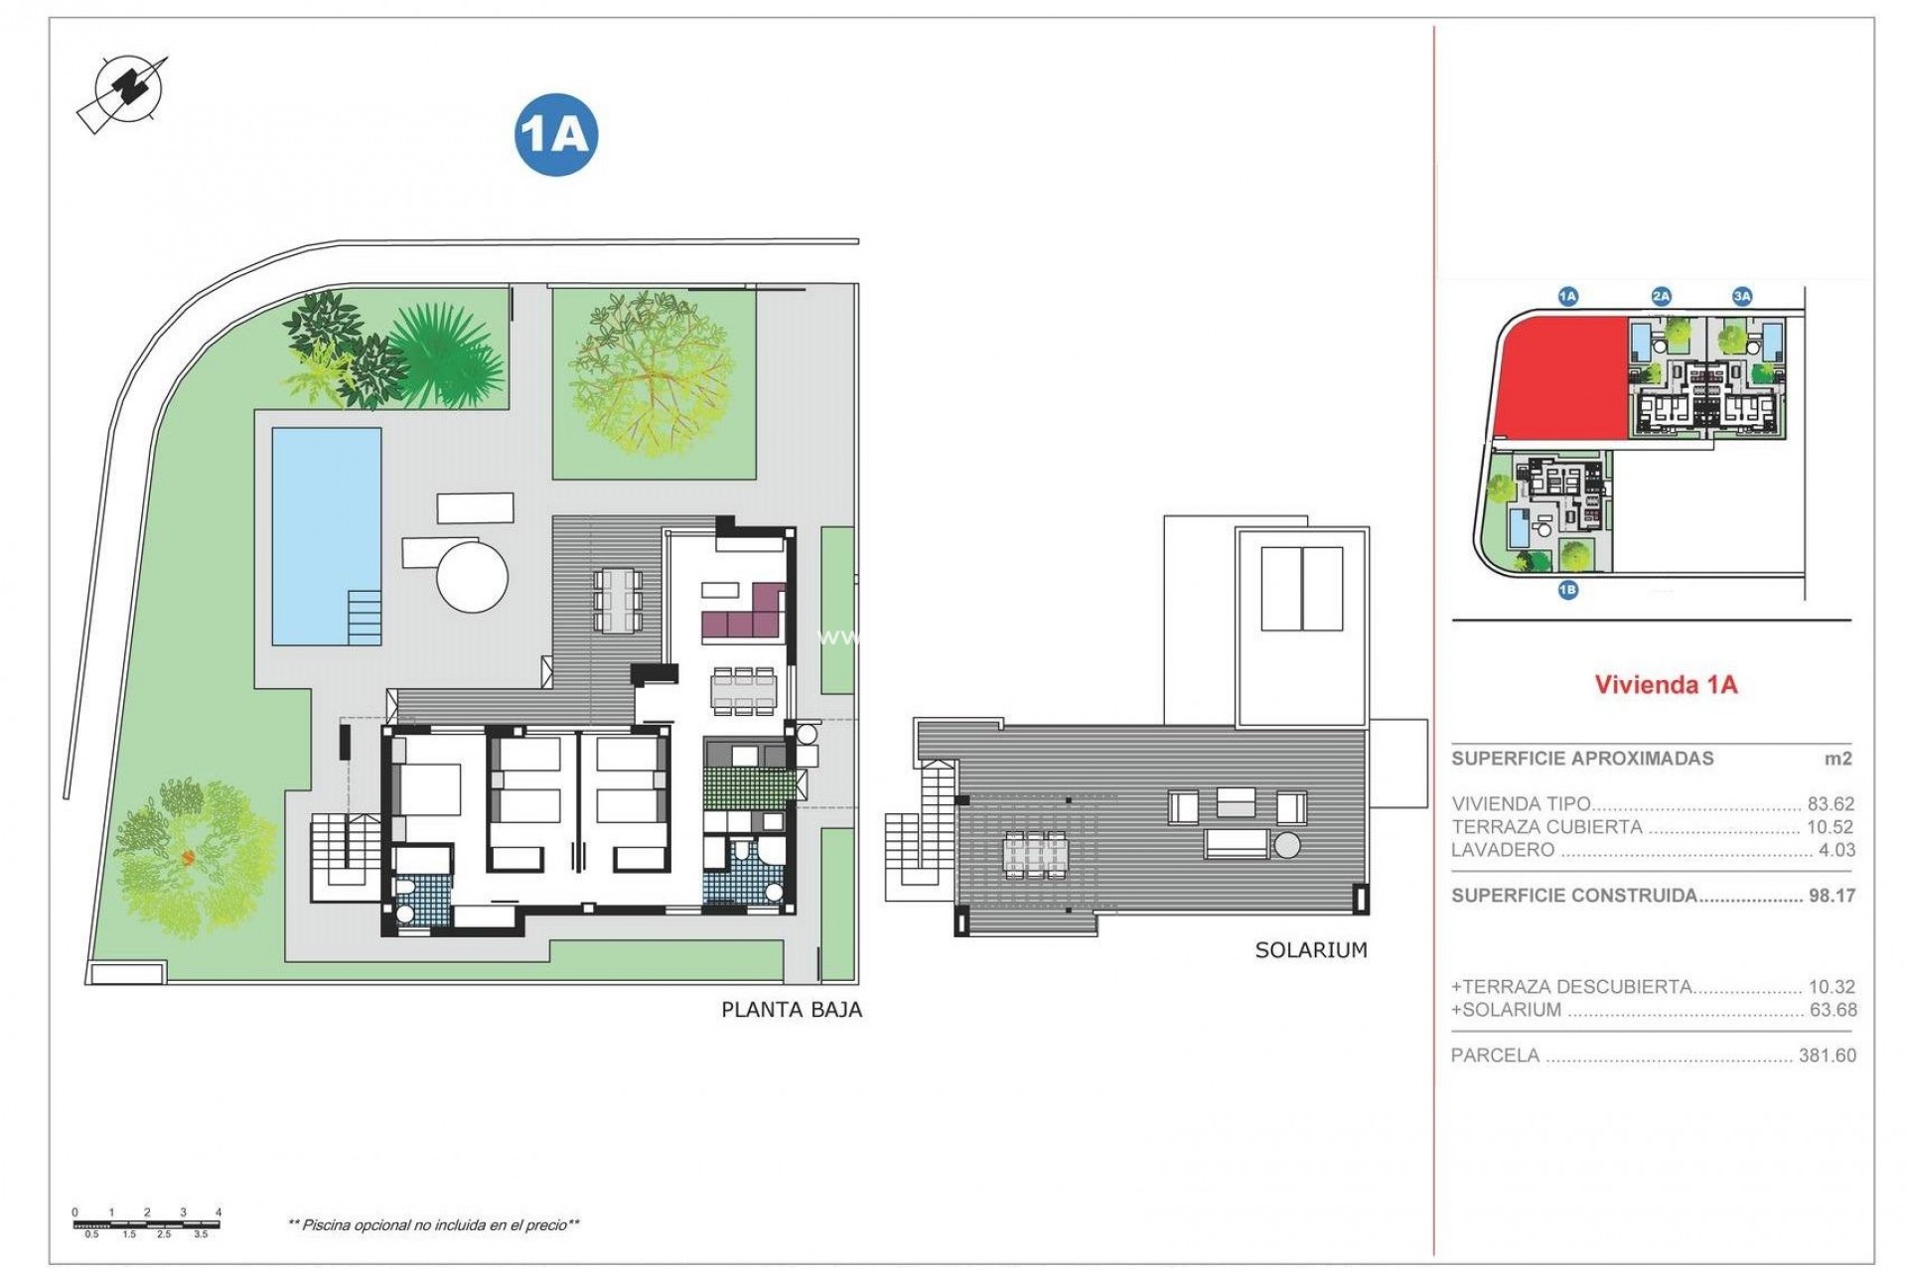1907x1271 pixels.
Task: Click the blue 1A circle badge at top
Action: (x=556, y=134)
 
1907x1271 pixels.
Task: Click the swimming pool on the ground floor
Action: (x=327, y=536)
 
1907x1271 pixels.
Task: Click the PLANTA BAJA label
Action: (x=791, y=1010)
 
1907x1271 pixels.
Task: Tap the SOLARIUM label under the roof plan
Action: (x=1311, y=950)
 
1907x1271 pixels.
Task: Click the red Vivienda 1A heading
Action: (x=1666, y=684)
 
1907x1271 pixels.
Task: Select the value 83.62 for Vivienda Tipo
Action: (x=1831, y=804)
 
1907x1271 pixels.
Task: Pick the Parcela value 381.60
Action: (x=1827, y=1056)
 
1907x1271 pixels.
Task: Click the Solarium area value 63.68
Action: (x=1833, y=1010)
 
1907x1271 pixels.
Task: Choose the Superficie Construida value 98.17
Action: (x=1832, y=896)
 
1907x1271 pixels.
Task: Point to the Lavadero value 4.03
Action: (x=1836, y=850)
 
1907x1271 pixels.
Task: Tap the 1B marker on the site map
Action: (x=1567, y=590)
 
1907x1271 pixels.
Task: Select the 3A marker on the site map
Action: (x=1742, y=296)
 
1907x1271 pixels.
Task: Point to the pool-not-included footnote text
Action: (x=433, y=1225)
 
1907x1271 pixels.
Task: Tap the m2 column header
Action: (x=1837, y=759)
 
